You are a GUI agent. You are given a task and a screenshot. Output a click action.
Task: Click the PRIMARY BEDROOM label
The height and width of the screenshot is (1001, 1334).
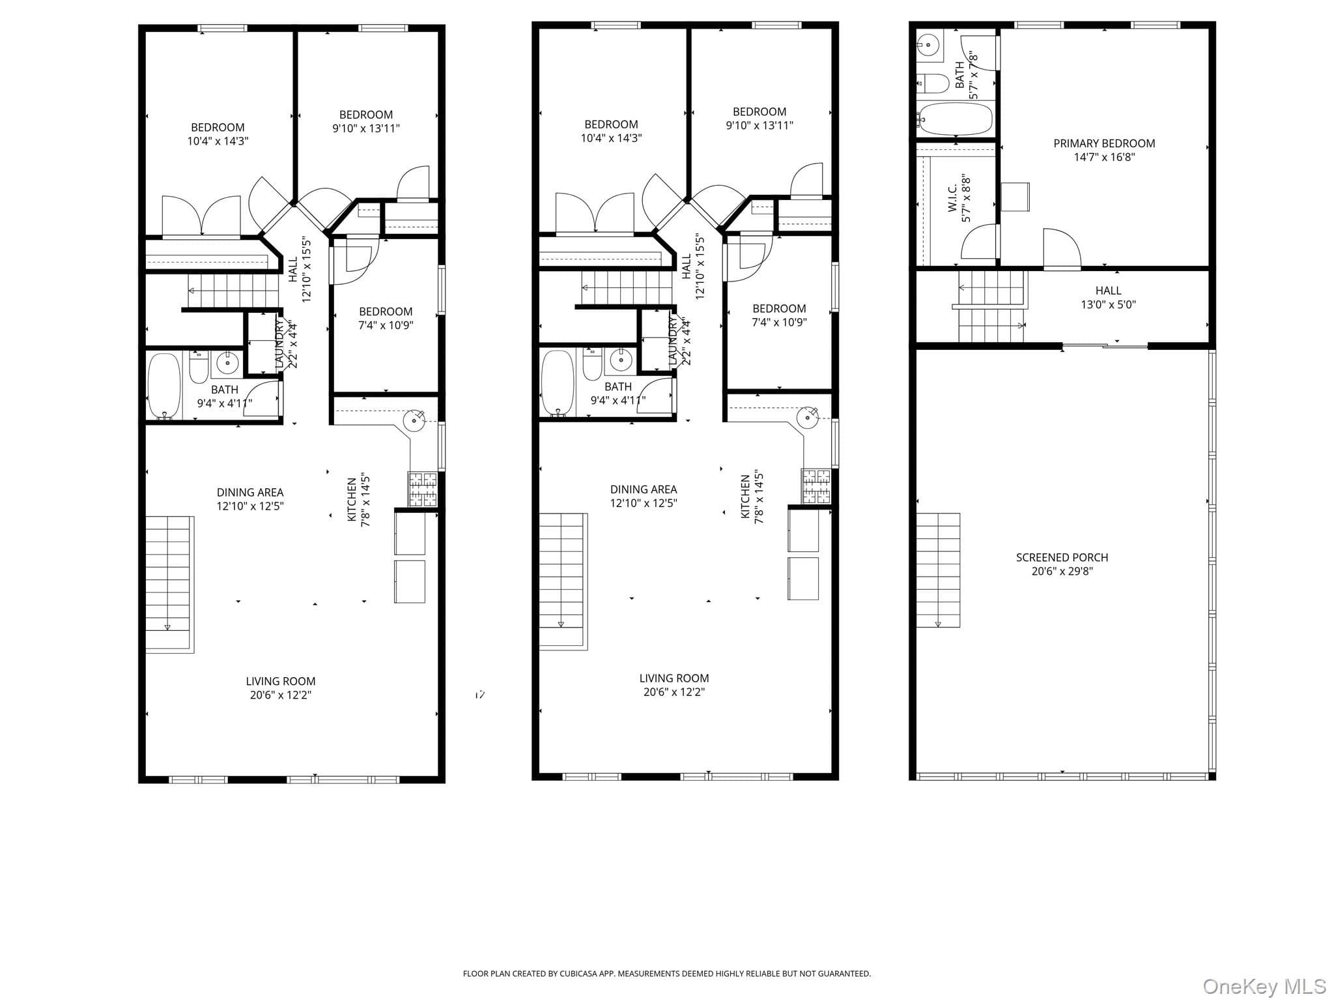coord(1104,143)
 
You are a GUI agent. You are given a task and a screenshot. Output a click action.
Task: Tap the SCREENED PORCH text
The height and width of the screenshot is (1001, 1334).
coord(1062,557)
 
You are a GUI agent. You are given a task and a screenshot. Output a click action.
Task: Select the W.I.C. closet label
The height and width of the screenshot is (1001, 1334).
coord(952,197)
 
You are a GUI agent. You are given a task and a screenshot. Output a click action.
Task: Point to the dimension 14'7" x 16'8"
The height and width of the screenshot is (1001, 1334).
coord(1104,157)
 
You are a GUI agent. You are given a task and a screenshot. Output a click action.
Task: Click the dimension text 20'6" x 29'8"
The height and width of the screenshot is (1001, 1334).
coord(1062,572)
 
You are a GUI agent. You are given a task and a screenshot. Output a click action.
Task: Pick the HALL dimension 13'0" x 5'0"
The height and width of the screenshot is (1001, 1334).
coord(1108,304)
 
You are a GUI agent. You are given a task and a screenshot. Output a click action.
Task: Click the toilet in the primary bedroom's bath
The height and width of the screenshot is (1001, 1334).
coord(933,83)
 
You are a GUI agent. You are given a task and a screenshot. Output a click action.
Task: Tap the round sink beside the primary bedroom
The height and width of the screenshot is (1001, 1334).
coord(928,44)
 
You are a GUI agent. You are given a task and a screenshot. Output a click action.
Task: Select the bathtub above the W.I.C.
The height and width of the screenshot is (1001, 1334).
coord(954,119)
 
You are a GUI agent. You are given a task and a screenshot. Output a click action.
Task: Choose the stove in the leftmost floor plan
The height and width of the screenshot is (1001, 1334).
coord(423,489)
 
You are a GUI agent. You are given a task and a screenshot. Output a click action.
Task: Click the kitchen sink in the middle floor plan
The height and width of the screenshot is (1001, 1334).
coord(808,417)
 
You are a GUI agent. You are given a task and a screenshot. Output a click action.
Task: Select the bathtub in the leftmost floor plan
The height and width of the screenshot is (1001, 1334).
coord(164,386)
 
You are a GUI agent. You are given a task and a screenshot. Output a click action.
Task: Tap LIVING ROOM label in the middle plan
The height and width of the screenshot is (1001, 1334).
coord(674,678)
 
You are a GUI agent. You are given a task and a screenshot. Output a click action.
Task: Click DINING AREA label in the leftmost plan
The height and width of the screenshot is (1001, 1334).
coord(250,493)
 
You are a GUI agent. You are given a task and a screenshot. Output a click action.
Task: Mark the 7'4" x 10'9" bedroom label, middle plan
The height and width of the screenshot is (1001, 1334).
coord(779,322)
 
